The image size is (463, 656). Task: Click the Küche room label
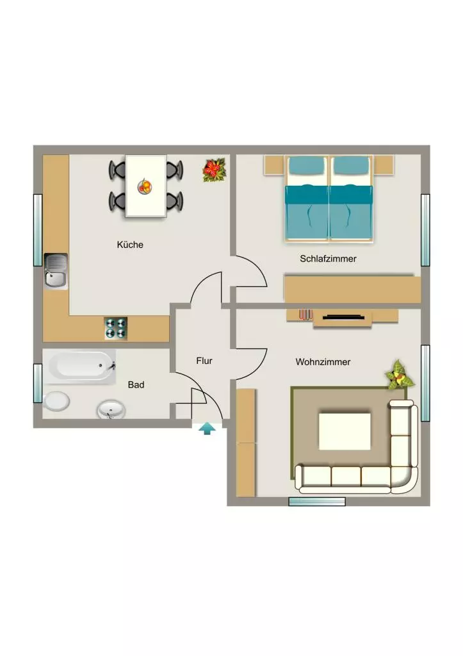pyautogui.click(x=130, y=245)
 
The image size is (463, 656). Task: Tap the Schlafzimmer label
pyautogui.click(x=328, y=259)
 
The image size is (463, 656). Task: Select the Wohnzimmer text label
pyautogui.click(x=323, y=362)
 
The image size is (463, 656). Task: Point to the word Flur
pyautogui.click(x=204, y=361)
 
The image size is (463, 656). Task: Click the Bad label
pyautogui.click(x=136, y=384)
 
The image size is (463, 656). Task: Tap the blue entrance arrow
pyautogui.click(x=207, y=429)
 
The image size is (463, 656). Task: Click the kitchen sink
pyautogui.click(x=56, y=271)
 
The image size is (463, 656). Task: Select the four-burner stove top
pyautogui.click(x=116, y=329)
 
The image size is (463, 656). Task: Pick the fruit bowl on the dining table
pyautogui.click(x=145, y=186)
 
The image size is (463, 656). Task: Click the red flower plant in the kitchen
pyautogui.click(x=214, y=170)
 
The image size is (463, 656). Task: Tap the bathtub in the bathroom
pyautogui.click(x=79, y=366)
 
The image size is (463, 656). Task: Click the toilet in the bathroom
pyautogui.click(x=56, y=401)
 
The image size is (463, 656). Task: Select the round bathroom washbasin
pyautogui.click(x=111, y=409)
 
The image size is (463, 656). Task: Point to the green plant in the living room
pyautogui.click(x=400, y=374)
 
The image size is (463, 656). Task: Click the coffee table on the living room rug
pyautogui.click(x=345, y=431)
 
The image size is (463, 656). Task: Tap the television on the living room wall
pyautogui.click(x=342, y=318)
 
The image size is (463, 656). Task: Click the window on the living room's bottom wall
pyautogui.click(x=317, y=501)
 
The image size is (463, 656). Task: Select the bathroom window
pyautogui.click(x=38, y=383)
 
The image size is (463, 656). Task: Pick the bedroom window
pyautogui.click(x=425, y=230)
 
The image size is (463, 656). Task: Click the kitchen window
pyautogui.click(x=38, y=230)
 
